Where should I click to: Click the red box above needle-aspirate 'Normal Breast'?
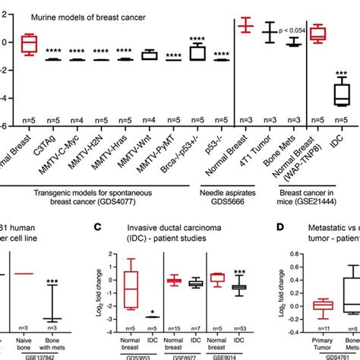click(245, 26)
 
